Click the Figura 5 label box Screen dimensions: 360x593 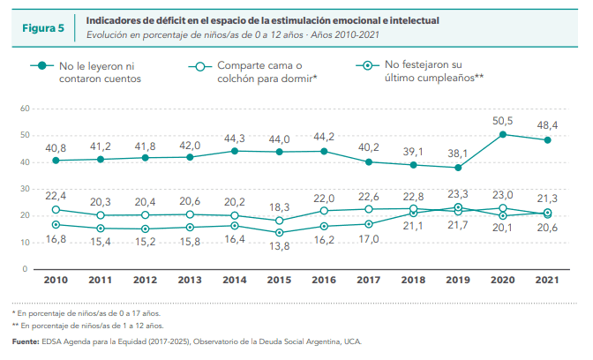[x=42, y=27]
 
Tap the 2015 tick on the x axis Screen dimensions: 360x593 [x=278, y=280]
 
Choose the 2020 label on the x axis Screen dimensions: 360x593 [x=503, y=280]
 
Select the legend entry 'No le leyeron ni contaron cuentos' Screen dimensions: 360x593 [x=97, y=71]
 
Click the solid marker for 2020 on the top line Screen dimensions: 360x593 [x=503, y=134]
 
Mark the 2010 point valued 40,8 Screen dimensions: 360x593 [x=56, y=160]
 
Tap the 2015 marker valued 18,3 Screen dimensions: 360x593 [x=279, y=221]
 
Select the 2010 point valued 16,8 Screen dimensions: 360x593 [x=56, y=224]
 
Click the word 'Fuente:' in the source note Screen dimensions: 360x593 [x=26, y=341]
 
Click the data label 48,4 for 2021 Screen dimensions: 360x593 [x=548, y=125]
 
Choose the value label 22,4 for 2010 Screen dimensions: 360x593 [x=55, y=196]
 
